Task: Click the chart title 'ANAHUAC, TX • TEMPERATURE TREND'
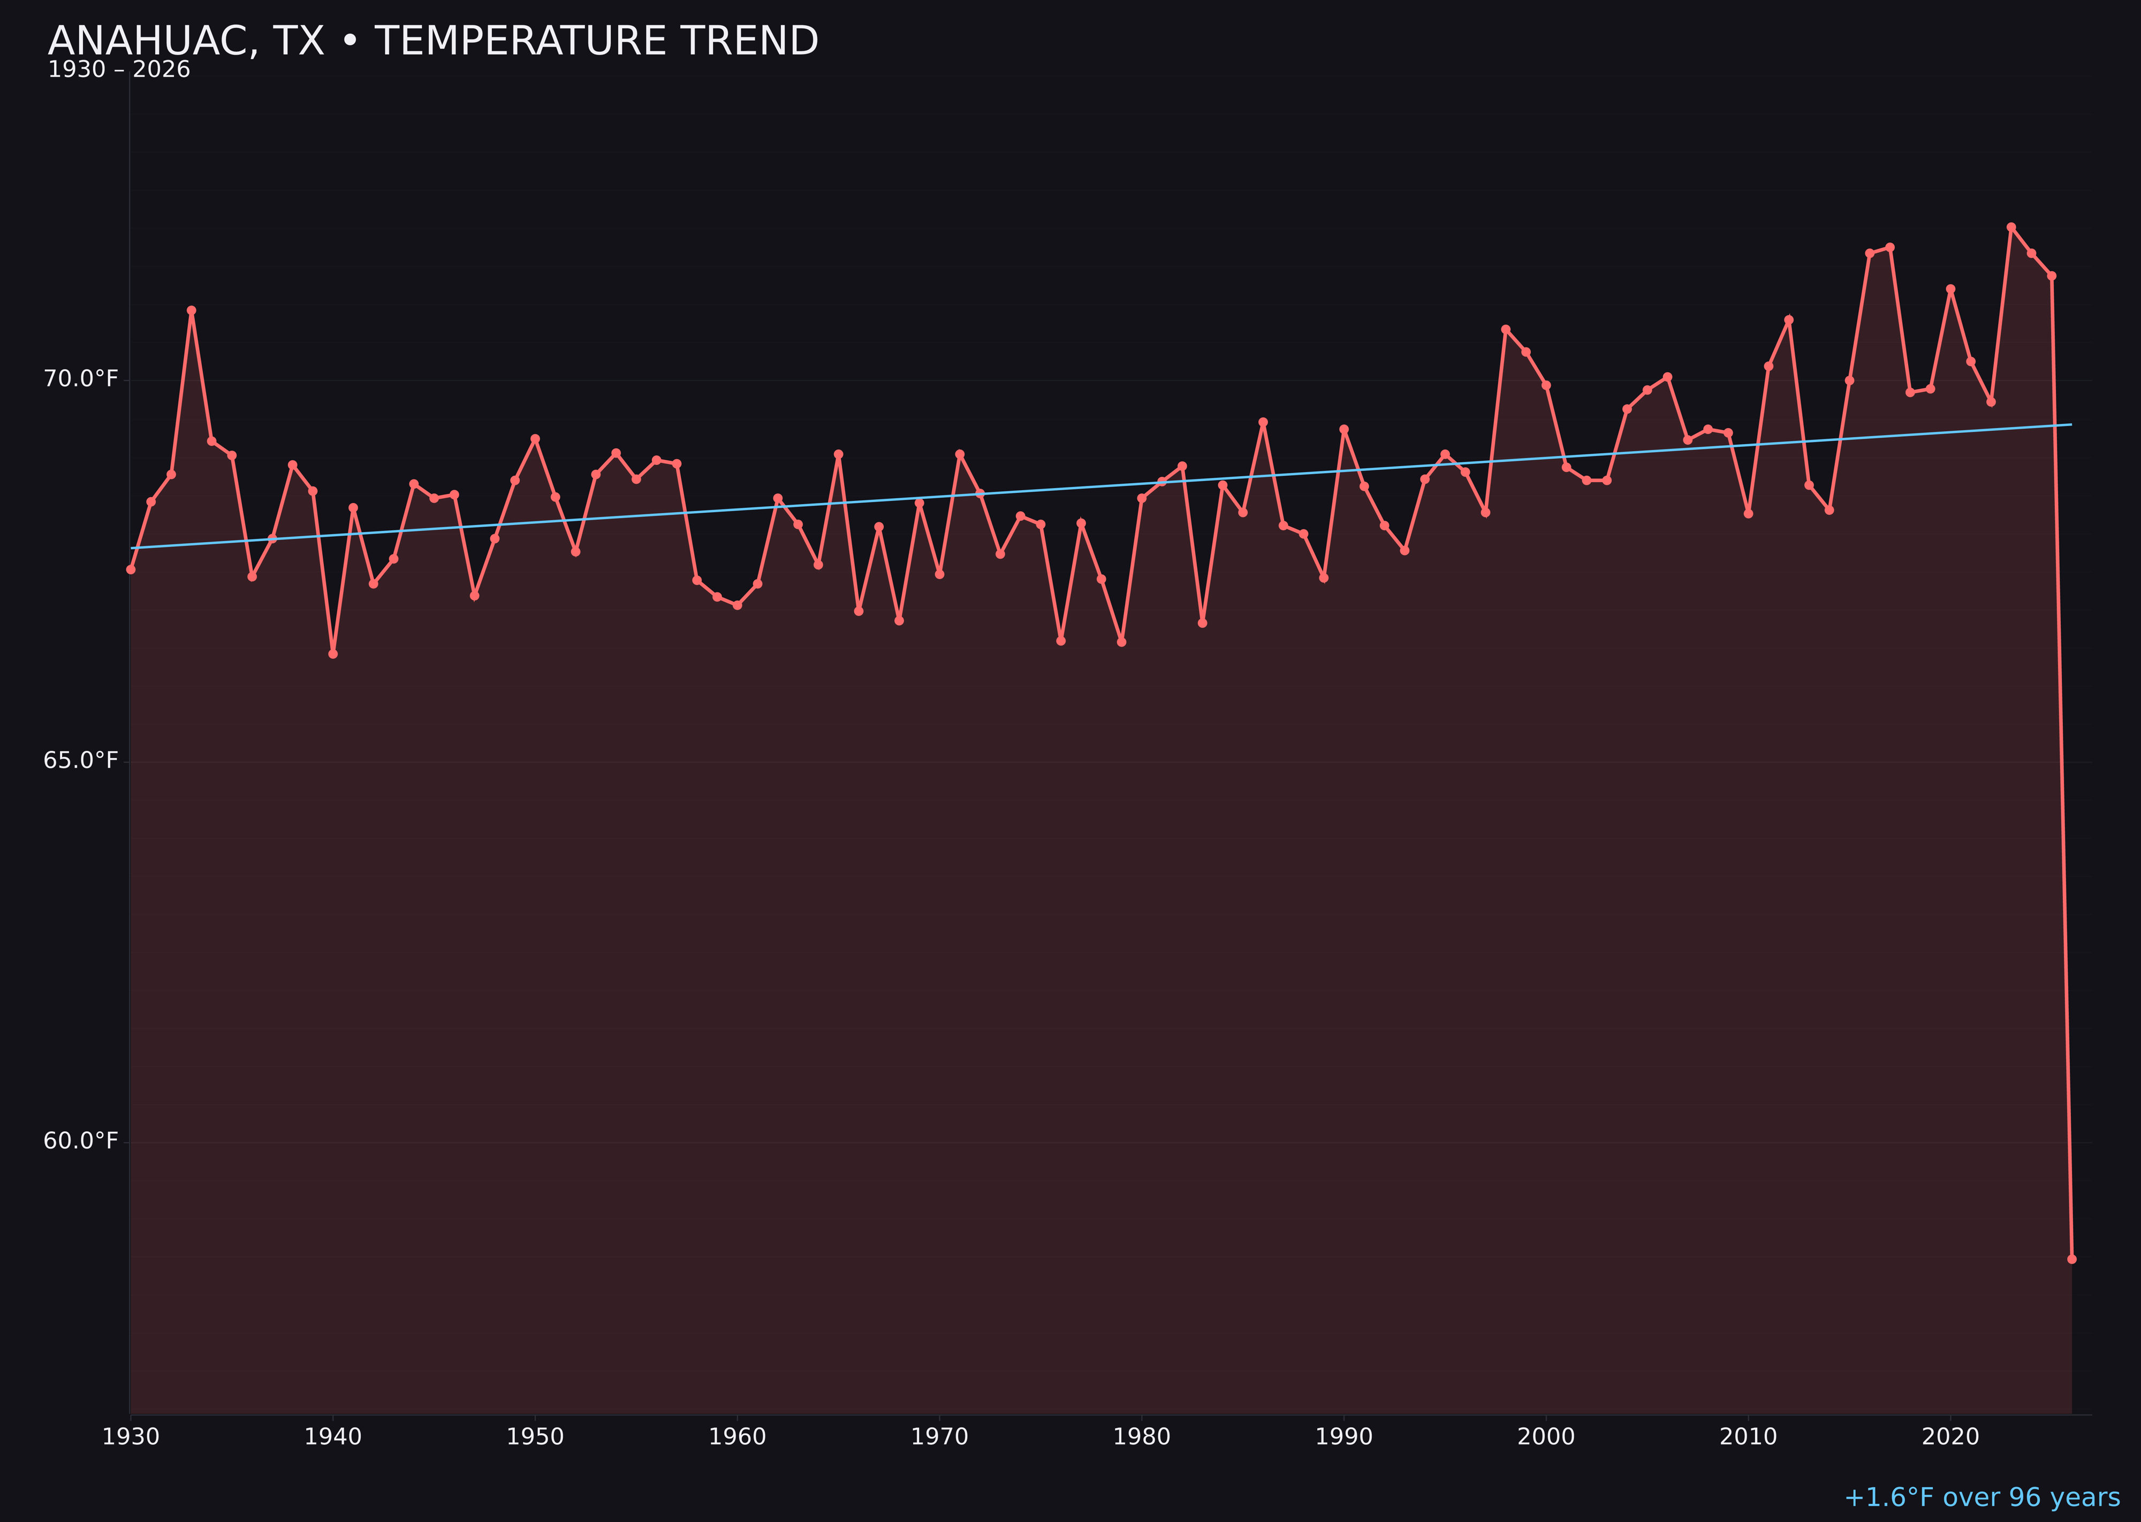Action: pyautogui.click(x=433, y=41)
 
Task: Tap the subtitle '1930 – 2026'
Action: pyautogui.click(x=119, y=70)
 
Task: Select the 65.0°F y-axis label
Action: pyautogui.click(x=81, y=760)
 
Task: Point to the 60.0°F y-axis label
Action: pyautogui.click(x=81, y=1140)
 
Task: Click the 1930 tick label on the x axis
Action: pyautogui.click(x=131, y=1437)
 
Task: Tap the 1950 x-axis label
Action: pyautogui.click(x=535, y=1437)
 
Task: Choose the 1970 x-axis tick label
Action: pyautogui.click(x=939, y=1437)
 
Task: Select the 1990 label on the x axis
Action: pyautogui.click(x=1343, y=1437)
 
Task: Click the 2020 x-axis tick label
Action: pyautogui.click(x=1950, y=1437)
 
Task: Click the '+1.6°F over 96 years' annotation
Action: pyautogui.click(x=1981, y=1497)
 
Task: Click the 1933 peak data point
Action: pyautogui.click(x=191, y=310)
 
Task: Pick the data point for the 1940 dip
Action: pyautogui.click(x=333, y=653)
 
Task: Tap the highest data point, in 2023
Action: pyautogui.click(x=2011, y=227)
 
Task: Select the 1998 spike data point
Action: pyautogui.click(x=1506, y=329)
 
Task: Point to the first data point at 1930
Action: pyautogui.click(x=131, y=569)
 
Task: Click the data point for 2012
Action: pyautogui.click(x=1789, y=319)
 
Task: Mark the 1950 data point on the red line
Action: pyautogui.click(x=535, y=439)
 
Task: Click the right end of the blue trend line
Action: pyautogui.click(x=2071, y=424)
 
